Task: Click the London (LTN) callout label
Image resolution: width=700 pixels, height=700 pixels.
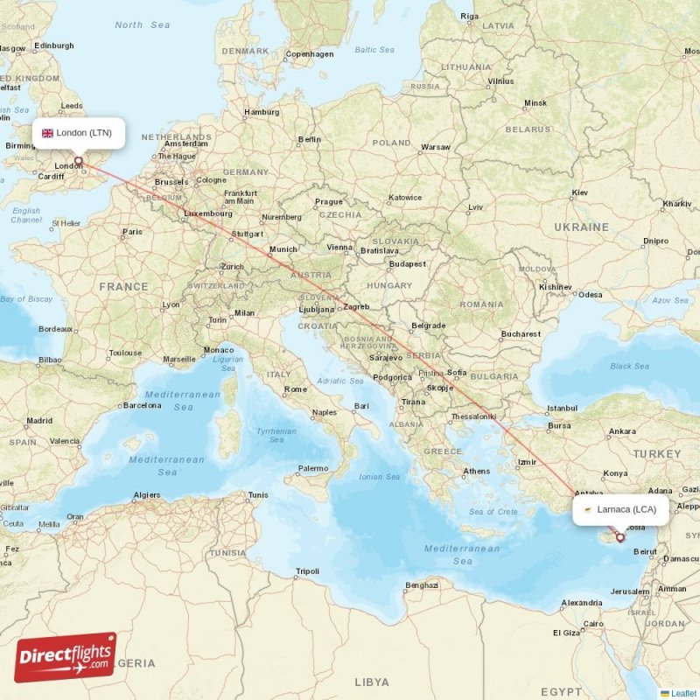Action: pyautogui.click(x=78, y=133)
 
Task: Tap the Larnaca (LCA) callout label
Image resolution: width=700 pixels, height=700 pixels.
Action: pyautogui.click(x=620, y=509)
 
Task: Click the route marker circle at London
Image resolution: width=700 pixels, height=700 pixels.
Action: pyautogui.click(x=79, y=161)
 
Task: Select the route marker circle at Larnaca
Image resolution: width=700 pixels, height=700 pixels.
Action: pyautogui.click(x=620, y=537)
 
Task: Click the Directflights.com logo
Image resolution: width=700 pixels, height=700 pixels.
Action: pyautogui.click(x=66, y=656)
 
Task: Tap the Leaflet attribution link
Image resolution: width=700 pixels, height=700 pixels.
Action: pyautogui.click(x=677, y=693)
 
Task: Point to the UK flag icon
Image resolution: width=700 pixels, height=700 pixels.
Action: pyautogui.click(x=47, y=134)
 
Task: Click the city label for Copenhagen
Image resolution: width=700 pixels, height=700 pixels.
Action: pyautogui.click(x=310, y=54)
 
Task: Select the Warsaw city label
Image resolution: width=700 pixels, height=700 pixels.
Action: pyautogui.click(x=435, y=147)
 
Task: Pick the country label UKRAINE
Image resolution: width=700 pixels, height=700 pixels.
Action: pyautogui.click(x=581, y=227)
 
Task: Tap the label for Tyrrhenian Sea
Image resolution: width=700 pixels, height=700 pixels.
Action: pyautogui.click(x=276, y=436)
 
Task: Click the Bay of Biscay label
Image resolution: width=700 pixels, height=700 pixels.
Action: pyautogui.click(x=26, y=299)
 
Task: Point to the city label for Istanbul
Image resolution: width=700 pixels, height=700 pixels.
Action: pyautogui.click(x=562, y=408)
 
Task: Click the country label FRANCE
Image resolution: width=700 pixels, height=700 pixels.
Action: pyautogui.click(x=123, y=286)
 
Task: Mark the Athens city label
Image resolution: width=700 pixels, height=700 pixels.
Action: pyautogui.click(x=476, y=471)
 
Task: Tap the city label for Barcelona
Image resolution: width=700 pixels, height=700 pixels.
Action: pyautogui.click(x=142, y=405)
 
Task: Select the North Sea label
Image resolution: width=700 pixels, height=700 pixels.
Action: pyautogui.click(x=142, y=24)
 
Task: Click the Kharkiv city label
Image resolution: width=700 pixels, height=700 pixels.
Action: pyautogui.click(x=677, y=203)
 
